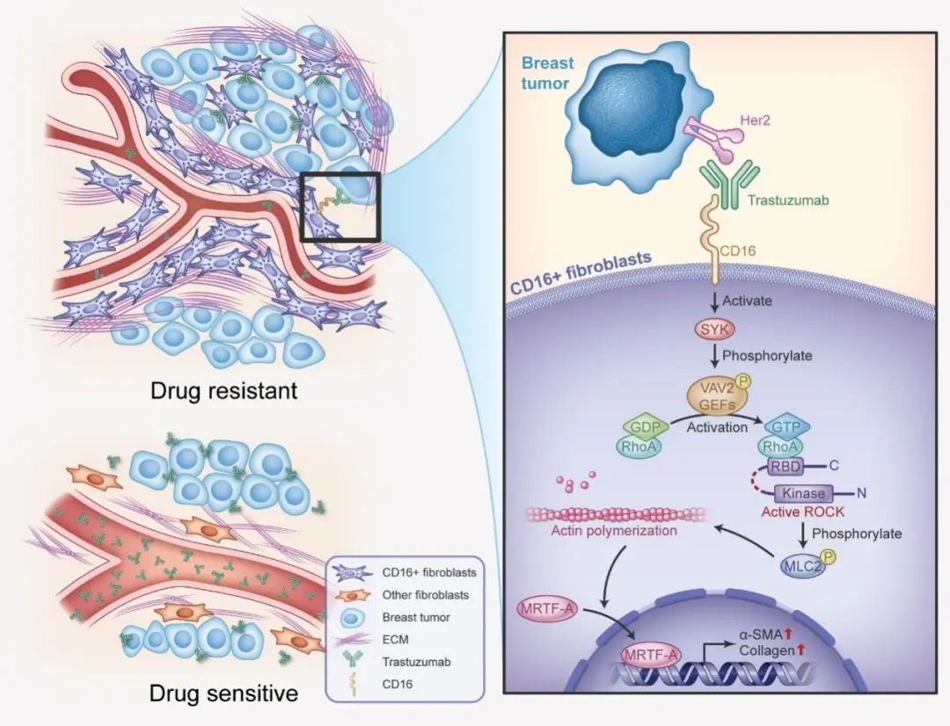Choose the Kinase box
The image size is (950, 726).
coord(803,494)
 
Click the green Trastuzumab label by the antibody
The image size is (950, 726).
coord(788,200)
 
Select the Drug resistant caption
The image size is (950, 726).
coord(223,389)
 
